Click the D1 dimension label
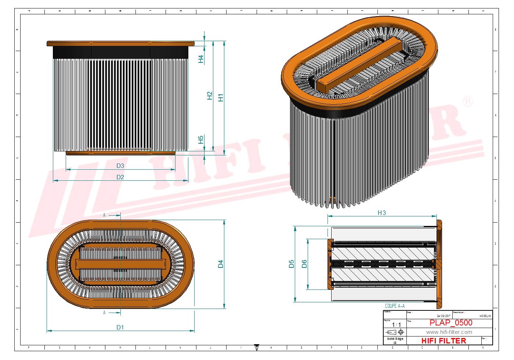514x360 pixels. point(120,327)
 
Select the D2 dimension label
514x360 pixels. point(120,177)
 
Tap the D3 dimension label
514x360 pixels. point(120,166)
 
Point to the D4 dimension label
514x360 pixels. point(220,264)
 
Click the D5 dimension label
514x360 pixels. point(292,264)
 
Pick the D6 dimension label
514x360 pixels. point(304,264)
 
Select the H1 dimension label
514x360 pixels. point(220,98)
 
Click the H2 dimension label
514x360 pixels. point(210,96)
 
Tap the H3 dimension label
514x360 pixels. point(382,213)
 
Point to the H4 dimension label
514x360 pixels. point(201,59)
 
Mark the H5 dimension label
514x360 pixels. point(201,140)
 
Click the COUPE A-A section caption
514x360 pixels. point(395,306)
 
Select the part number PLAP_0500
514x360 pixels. point(451,323)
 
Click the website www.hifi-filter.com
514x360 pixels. point(449,332)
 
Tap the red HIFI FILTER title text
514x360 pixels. point(444,341)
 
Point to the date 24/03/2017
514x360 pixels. point(444,316)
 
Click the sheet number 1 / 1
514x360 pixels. point(396,325)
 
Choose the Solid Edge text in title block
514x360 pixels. point(395,339)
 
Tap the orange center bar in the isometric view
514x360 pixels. point(360,64)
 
